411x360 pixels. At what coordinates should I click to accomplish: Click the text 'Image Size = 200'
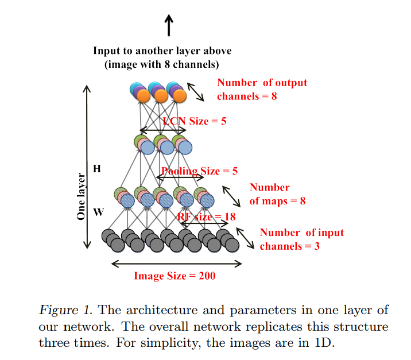click(175, 276)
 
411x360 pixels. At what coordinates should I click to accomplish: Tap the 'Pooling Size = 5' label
click(199, 171)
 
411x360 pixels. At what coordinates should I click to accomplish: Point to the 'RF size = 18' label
click(206, 217)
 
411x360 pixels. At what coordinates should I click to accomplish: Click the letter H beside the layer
click(97, 169)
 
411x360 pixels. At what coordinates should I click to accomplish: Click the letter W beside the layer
click(98, 212)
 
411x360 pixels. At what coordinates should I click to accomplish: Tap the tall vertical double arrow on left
click(87, 167)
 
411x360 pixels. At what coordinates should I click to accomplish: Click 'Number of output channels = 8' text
click(262, 90)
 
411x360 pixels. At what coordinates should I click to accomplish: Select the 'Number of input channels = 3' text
click(301, 239)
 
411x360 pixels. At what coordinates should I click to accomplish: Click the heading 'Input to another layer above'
click(162, 51)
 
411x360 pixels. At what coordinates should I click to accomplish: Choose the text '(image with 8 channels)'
click(161, 64)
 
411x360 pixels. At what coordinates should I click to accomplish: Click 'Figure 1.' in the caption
click(66, 311)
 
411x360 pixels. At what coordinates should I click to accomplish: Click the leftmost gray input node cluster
click(115, 240)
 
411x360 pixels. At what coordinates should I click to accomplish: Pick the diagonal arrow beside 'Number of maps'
click(232, 195)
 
